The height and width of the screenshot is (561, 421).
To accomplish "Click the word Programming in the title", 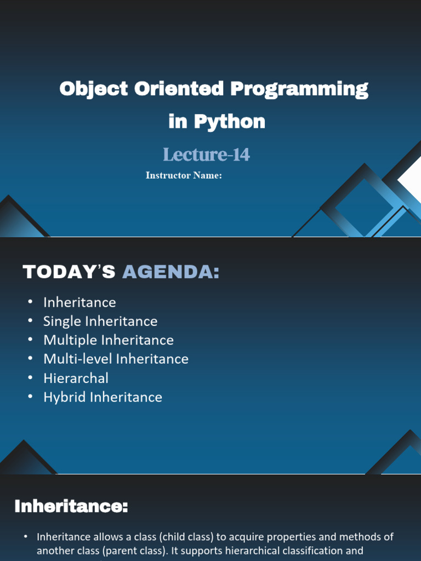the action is click(x=299, y=89).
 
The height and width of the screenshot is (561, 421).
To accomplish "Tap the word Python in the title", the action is click(x=230, y=121).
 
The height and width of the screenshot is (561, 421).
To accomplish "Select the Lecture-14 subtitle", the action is click(x=206, y=154).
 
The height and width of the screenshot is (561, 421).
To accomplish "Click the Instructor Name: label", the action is click(x=184, y=175).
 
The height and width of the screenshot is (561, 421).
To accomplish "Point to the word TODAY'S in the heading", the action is click(x=69, y=272).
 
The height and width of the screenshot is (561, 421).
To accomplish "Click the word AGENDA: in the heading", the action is click(x=171, y=272).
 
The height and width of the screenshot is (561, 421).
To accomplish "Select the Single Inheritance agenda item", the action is click(x=100, y=321).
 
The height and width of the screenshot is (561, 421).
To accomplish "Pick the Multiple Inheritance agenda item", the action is click(x=109, y=340).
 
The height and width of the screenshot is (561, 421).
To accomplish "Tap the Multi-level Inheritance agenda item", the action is click(x=116, y=359).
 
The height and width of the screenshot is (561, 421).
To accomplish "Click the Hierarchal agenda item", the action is click(x=76, y=378).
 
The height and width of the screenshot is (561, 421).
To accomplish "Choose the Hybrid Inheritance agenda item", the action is click(x=103, y=397).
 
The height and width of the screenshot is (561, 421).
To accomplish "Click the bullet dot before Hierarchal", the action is click(x=31, y=377).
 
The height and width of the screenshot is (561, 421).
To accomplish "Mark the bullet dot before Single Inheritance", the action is click(x=31, y=320).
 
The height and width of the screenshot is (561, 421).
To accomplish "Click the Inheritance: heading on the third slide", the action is click(x=71, y=506).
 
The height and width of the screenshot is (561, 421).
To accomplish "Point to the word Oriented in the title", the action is click(x=179, y=88).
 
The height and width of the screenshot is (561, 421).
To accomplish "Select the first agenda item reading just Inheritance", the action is click(x=79, y=302).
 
